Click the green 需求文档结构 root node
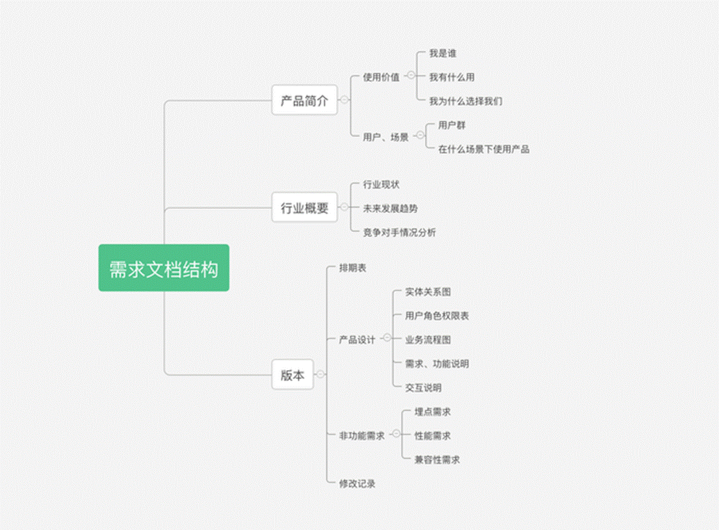coord(163,268)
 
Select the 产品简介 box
coord(304,101)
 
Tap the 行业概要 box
coord(304,207)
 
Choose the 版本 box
coord(292,375)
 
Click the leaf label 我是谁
coord(443,54)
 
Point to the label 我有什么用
coord(452,77)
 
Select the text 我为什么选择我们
coord(465,101)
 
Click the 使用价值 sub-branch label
coord(381,77)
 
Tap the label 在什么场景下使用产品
coord(484,149)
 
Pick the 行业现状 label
coord(381,184)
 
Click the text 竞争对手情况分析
coord(399,232)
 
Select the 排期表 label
coord(352,268)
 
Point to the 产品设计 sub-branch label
coord(357,339)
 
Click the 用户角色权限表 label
coord(437,316)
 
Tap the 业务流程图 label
coord(428,339)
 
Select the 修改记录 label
coord(357,483)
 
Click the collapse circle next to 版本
coord(320,374)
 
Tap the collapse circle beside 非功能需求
coord(396,434)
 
